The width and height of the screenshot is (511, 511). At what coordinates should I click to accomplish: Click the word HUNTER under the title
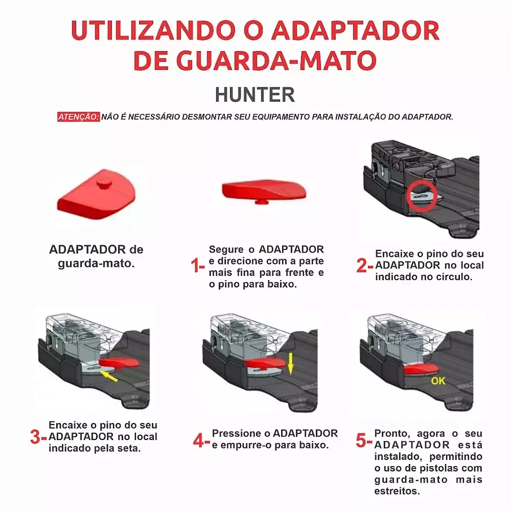(x=255, y=95)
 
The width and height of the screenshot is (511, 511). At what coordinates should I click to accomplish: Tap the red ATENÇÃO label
(x=79, y=117)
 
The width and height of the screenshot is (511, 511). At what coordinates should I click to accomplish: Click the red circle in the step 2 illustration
(x=422, y=196)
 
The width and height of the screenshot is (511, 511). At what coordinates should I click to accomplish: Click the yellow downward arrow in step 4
(x=290, y=364)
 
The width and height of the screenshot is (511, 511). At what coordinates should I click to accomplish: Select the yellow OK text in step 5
(x=438, y=381)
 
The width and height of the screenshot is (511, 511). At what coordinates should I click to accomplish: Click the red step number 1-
(x=197, y=265)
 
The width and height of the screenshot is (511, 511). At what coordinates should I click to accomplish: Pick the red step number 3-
(x=38, y=437)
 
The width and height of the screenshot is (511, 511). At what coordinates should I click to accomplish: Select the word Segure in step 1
(x=226, y=250)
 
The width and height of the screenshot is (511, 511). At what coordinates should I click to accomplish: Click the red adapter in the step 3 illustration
(x=119, y=362)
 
